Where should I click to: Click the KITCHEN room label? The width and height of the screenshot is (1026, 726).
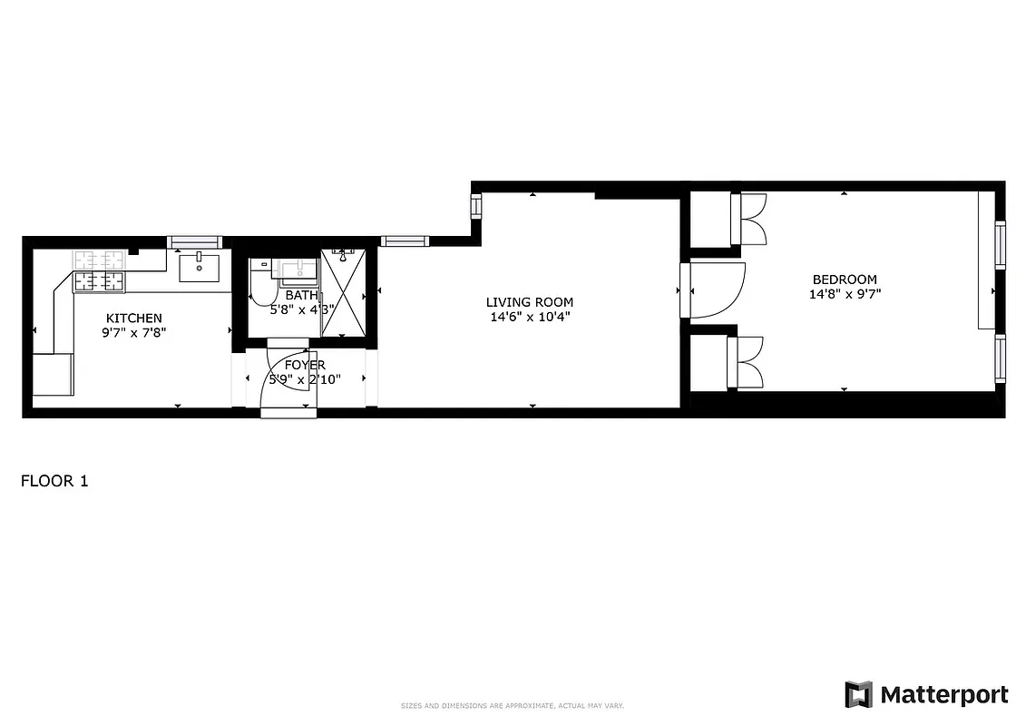pyautogui.click(x=134, y=318)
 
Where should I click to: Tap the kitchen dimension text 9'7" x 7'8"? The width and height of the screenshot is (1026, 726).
pyautogui.click(x=134, y=332)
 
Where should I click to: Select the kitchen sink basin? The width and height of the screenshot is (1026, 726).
pyautogui.click(x=199, y=268)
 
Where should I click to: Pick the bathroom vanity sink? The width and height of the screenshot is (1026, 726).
pyautogui.click(x=296, y=270)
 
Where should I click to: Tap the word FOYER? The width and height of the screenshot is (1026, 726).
pyautogui.click(x=305, y=365)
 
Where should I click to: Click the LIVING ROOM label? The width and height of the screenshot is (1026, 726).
pyautogui.click(x=529, y=302)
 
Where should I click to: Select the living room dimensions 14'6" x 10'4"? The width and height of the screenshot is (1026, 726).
pyautogui.click(x=529, y=317)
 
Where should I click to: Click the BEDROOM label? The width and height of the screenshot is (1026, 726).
pyautogui.click(x=845, y=280)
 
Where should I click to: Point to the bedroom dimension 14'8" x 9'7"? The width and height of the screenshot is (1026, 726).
pyautogui.click(x=845, y=294)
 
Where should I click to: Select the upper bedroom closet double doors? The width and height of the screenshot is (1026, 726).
pyautogui.click(x=749, y=220)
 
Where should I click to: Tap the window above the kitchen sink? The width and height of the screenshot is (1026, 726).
pyautogui.click(x=195, y=241)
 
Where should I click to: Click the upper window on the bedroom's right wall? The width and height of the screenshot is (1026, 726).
pyautogui.click(x=1001, y=244)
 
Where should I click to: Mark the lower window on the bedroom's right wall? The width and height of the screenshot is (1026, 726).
pyautogui.click(x=1001, y=358)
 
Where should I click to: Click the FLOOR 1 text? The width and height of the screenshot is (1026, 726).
pyautogui.click(x=54, y=481)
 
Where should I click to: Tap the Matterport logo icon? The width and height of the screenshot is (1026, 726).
pyautogui.click(x=858, y=695)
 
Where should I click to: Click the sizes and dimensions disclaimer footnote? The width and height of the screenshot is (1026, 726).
pyautogui.click(x=513, y=706)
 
